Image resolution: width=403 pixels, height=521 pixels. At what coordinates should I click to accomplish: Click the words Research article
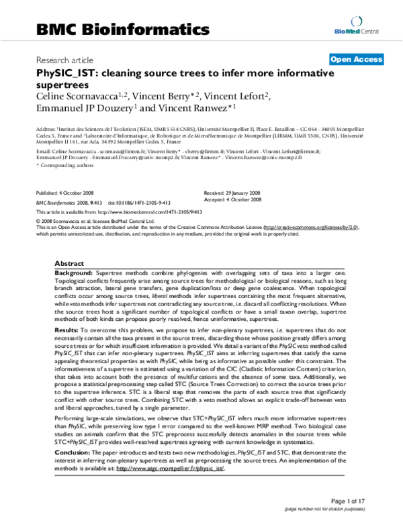(x=64, y=60)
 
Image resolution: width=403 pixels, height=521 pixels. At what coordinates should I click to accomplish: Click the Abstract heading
(x=69, y=264)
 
